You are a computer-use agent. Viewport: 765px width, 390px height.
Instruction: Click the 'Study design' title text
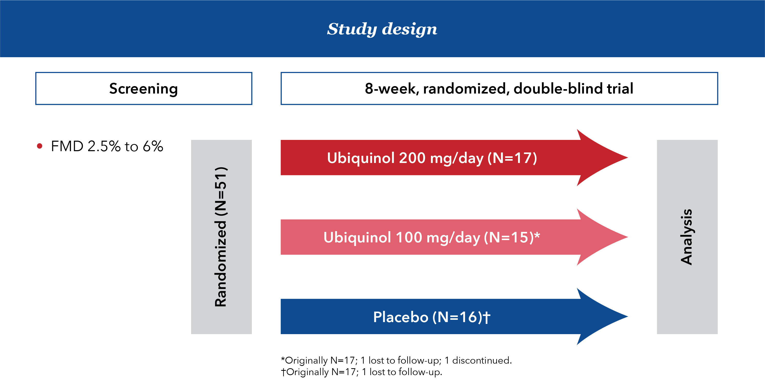pyautogui.click(x=382, y=29)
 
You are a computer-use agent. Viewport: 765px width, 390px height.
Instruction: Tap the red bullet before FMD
pyautogui.click(x=39, y=146)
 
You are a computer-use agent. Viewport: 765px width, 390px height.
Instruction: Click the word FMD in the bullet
pyautogui.click(x=67, y=146)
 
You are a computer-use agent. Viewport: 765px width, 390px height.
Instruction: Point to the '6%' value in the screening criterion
pyautogui.click(x=153, y=146)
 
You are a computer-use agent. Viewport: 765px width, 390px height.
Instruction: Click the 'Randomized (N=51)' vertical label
pyautogui.click(x=221, y=237)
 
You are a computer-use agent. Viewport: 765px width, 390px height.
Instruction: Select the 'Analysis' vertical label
pyautogui.click(x=687, y=237)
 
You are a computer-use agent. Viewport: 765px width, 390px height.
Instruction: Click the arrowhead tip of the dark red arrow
pyautogui.click(x=628, y=157)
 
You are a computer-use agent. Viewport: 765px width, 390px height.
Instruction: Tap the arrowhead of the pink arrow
pyautogui.click(x=603, y=237)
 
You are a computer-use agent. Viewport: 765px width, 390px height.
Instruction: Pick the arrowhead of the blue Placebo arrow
pyautogui.click(x=603, y=316)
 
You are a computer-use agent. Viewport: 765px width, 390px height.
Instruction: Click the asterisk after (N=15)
pyautogui.click(x=537, y=234)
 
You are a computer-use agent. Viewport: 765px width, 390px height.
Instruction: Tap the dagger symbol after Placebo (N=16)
pyautogui.click(x=487, y=317)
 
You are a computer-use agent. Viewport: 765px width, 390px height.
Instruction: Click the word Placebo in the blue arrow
pyautogui.click(x=401, y=317)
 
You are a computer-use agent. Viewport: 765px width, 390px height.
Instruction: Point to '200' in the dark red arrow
pyautogui.click(x=412, y=158)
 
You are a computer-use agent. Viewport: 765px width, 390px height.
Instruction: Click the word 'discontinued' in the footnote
pyautogui.click(x=482, y=360)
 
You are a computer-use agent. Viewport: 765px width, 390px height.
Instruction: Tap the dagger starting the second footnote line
pyautogui.click(x=284, y=372)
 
